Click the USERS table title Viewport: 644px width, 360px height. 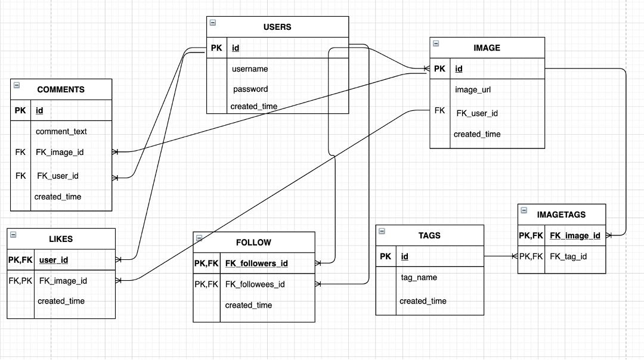coord(277,27)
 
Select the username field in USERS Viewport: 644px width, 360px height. coord(250,69)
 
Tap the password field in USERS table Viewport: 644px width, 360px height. coord(250,89)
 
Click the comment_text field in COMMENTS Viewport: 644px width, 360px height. coord(61,131)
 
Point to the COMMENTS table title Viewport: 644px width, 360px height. coord(61,89)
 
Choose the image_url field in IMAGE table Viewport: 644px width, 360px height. coord(473,89)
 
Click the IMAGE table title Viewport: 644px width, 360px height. coord(487,48)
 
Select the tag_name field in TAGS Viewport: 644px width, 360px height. coord(419,277)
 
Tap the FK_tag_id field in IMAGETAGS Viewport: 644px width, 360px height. coord(568,256)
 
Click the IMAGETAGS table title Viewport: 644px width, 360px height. coord(561,214)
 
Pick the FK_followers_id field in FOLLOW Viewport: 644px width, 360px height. coord(256,263)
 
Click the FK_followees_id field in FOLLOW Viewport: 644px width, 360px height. coord(255,284)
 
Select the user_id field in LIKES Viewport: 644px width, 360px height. coord(54,260)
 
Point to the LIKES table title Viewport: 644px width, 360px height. coord(61,239)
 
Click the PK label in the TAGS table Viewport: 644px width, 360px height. coord(386,256)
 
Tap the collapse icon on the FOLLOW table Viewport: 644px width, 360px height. coord(199,238)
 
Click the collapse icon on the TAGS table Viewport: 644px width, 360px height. coord(382,231)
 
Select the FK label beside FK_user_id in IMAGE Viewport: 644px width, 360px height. coord(439,110)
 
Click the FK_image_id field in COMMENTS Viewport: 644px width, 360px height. coord(60,152)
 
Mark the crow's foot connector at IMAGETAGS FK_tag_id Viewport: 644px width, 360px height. coord(515,256)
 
